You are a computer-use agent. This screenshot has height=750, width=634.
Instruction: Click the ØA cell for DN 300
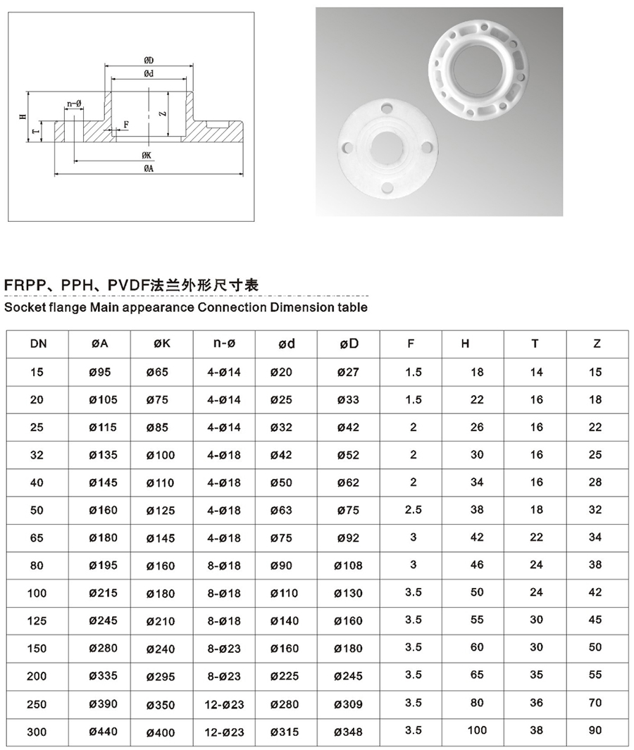pyautogui.click(x=104, y=732)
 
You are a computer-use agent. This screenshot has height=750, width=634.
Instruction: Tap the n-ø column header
pyautogui.click(x=224, y=344)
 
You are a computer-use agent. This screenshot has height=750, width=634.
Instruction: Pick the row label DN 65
pyautogui.click(x=37, y=538)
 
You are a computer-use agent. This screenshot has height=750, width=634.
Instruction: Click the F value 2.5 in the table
pyautogui.click(x=414, y=509)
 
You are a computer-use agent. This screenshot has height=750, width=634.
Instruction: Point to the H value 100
pyautogui.click(x=477, y=730)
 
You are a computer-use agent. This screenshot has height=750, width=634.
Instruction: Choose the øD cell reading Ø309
pyautogui.click(x=348, y=704)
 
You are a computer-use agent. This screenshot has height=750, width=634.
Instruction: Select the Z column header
pyautogui.click(x=597, y=344)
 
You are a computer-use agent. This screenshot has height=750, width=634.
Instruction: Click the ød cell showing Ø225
pyautogui.click(x=285, y=677)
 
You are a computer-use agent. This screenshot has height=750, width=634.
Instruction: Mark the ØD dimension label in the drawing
pyautogui.click(x=149, y=61)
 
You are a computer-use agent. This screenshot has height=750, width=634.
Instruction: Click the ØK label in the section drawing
pyautogui.click(x=147, y=155)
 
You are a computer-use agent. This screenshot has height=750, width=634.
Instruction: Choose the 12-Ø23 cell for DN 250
pyautogui.click(x=224, y=704)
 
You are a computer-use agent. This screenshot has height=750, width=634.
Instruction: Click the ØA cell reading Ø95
pyautogui.click(x=104, y=373)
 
